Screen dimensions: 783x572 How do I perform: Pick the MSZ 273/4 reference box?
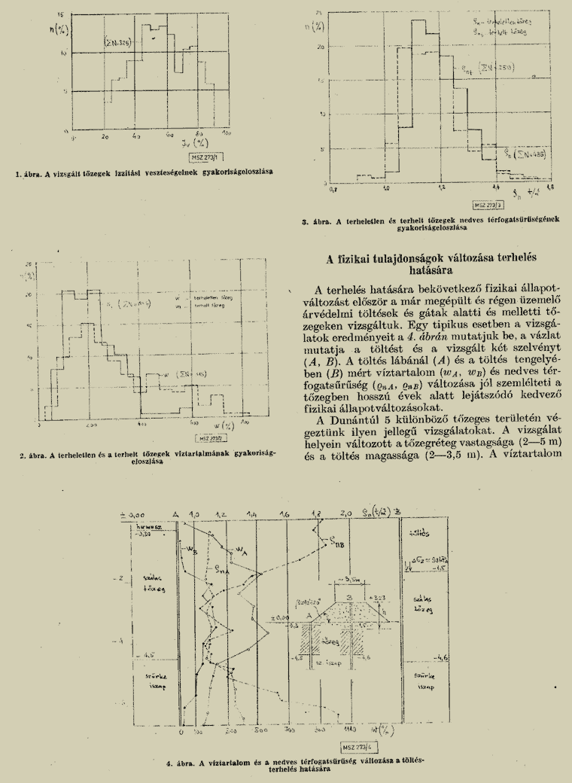[x=357, y=748]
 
